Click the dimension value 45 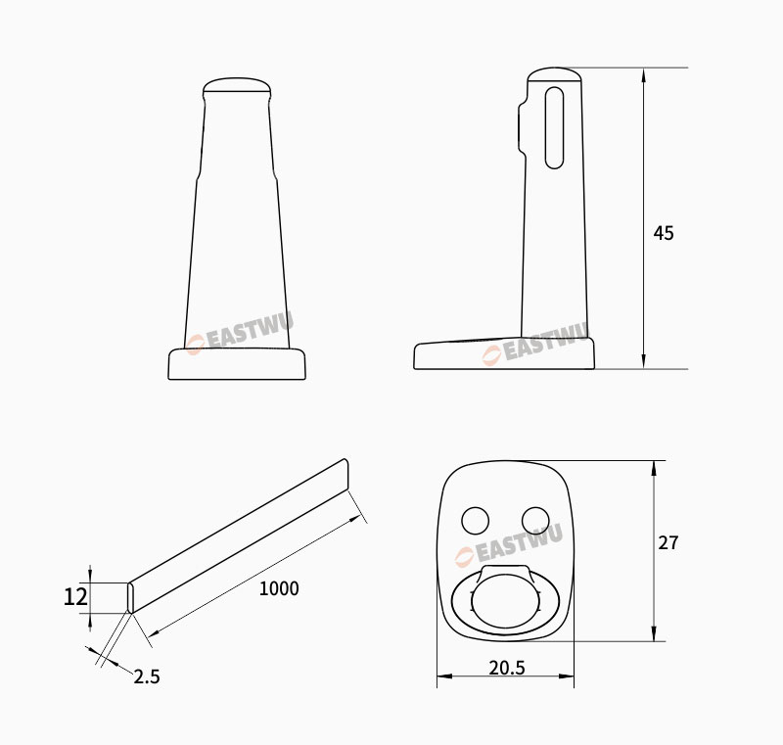point(664,233)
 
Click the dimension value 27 point(668,542)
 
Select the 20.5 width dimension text point(507,668)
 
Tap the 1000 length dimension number point(279,588)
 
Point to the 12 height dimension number point(75,597)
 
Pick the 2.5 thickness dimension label point(147,676)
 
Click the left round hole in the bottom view point(476,521)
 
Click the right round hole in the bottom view point(535,521)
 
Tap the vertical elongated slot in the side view point(554,128)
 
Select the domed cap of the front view point(237,86)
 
